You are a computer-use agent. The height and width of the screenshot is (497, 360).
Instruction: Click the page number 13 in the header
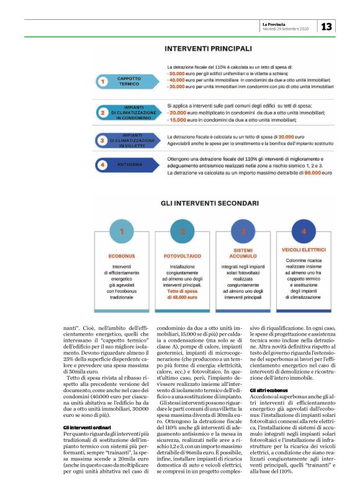pyautogui.click(x=326, y=26)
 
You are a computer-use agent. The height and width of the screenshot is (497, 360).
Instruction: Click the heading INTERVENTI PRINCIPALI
pyautogui.click(x=208, y=48)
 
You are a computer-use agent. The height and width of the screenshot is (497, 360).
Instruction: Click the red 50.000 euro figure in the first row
pyautogui.click(x=180, y=74)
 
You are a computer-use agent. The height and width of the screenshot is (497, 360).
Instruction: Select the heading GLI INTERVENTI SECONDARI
pyautogui.click(x=207, y=203)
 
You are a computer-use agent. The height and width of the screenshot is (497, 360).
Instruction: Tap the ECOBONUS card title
pyautogui.click(x=122, y=255)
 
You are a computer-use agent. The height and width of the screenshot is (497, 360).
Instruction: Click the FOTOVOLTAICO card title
pyautogui.click(x=182, y=255)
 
